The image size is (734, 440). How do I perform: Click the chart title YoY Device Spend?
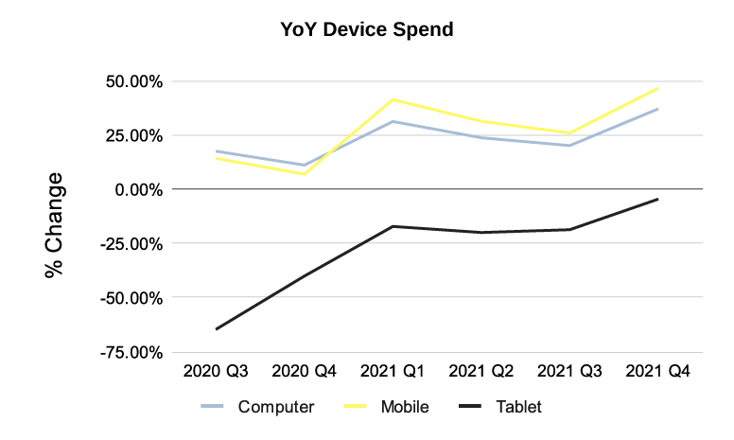tap(367, 30)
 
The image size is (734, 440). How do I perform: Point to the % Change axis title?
tap(54, 224)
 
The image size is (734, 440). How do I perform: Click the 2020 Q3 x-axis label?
tap(217, 371)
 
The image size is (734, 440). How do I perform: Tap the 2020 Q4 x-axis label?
tap(305, 371)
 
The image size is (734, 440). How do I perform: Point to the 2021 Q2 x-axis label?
tap(481, 371)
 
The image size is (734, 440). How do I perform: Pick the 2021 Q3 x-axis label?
tap(569, 371)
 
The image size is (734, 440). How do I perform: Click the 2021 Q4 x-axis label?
tap(657, 371)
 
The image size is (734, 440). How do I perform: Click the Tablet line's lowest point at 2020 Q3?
tap(217, 329)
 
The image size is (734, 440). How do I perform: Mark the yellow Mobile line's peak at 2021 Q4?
tap(657, 89)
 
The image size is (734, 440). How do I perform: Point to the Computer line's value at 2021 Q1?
tap(393, 121)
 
